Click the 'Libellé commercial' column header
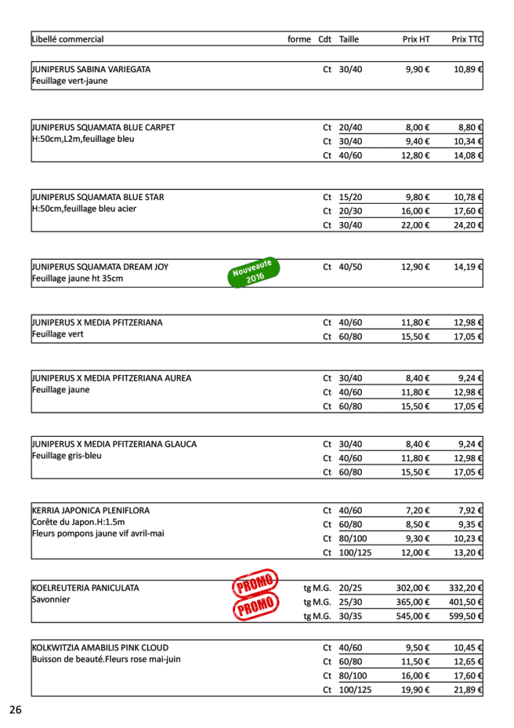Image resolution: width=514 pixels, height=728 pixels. (68, 39)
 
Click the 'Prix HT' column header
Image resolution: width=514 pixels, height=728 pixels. (416, 39)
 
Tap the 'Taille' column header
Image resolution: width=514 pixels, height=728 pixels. (349, 39)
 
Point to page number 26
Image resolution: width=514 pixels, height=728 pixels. (16, 709)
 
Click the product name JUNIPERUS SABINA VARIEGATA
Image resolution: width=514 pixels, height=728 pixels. (91, 69)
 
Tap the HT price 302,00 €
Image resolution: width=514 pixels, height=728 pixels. (413, 588)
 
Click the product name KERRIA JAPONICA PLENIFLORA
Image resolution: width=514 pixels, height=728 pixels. (91, 510)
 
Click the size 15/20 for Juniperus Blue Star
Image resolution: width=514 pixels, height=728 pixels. (350, 197)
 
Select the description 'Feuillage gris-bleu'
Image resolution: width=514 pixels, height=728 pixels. (67, 456)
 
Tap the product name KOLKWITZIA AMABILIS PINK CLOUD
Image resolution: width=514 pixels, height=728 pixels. (100, 647)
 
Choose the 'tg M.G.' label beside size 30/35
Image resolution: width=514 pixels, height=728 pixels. (317, 616)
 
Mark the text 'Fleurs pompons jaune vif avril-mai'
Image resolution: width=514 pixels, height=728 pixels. (98, 533)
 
